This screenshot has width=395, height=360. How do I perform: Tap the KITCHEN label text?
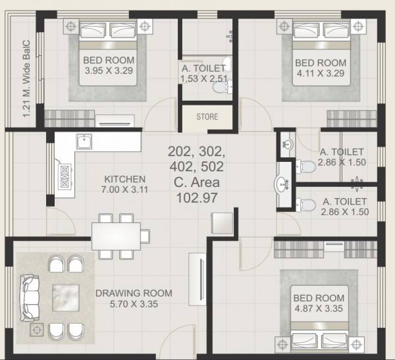[x=125, y=179]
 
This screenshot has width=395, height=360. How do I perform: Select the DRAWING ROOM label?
[x=134, y=294]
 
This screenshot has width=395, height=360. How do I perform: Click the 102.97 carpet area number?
[x=196, y=196]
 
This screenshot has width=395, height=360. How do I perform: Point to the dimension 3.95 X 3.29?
[x=109, y=72]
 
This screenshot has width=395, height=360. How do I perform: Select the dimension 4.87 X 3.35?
[x=319, y=309]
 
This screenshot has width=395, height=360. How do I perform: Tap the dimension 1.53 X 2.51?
[x=204, y=79]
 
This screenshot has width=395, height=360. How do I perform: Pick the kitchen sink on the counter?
[x=84, y=142]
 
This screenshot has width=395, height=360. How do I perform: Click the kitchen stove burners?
[x=66, y=176]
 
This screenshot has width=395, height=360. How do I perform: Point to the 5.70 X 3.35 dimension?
[x=134, y=304]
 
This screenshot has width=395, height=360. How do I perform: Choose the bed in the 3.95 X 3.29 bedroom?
[x=109, y=59]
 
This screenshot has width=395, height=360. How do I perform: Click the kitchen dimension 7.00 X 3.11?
[x=125, y=190]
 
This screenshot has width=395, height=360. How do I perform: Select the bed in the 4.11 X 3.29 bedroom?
[x=321, y=59]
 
